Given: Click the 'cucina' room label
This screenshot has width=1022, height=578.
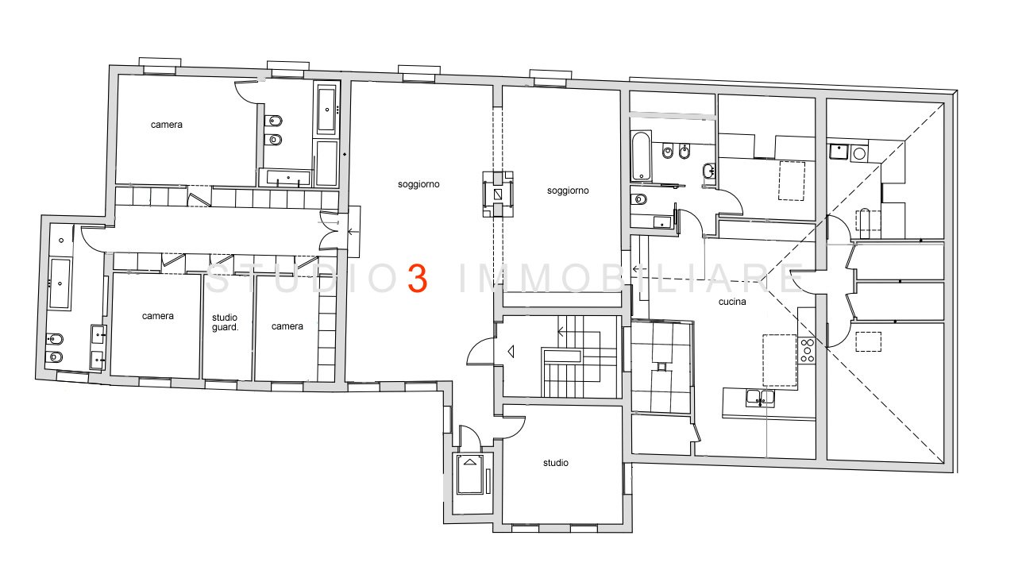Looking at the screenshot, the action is pos(732,302).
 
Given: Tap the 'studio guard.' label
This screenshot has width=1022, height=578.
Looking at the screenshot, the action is pos(225,322).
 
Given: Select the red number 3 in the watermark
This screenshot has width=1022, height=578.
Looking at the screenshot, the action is pos(417,278).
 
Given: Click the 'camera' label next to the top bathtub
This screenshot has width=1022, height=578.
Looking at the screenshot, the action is pos(167,125).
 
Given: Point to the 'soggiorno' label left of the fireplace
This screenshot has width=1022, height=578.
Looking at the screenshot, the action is pos(418,184).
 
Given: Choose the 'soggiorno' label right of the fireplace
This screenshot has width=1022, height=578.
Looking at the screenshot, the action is pos(568,191).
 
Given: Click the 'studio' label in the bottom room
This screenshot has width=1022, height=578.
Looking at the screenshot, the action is pos(556,463).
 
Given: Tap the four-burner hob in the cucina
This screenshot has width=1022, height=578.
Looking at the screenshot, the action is pos(807,350).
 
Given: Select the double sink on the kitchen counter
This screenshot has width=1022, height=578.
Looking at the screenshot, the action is pos(760,398).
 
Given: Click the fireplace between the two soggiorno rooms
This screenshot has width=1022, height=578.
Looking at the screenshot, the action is pos(498,194).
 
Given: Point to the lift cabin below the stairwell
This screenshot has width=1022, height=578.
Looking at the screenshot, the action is pos(469,475).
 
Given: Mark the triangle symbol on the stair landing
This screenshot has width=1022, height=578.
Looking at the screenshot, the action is pos(511,352).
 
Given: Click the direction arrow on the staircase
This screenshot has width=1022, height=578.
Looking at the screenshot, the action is pos(562,332).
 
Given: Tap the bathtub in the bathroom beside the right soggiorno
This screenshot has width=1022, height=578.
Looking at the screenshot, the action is pos(641,156).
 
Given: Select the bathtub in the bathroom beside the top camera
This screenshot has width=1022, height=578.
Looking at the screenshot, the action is pos(326,110).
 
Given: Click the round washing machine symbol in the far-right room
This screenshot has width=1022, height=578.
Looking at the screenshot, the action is pos(859,153).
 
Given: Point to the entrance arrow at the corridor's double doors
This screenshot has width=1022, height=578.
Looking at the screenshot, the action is pos(353,231).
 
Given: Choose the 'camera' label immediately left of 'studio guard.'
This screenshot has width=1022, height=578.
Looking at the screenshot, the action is pos(158,316).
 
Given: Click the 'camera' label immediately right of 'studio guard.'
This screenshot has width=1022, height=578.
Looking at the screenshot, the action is pos(287,326).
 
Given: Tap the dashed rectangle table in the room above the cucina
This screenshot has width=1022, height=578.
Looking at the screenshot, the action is pos(791,181).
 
